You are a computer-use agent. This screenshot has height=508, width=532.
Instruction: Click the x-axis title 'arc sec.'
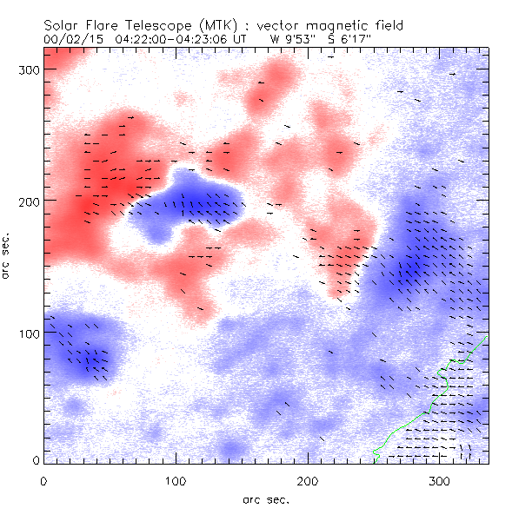click(267, 498)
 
